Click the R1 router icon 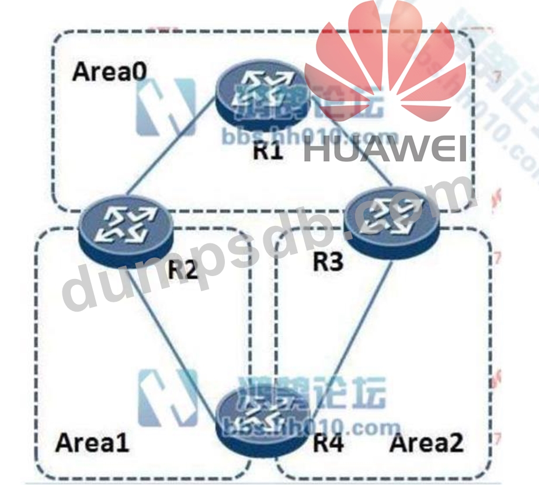tap(259, 99)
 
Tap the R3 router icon tap(391, 221)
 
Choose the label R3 tap(328, 262)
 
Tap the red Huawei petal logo tap(385, 64)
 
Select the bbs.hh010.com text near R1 tap(310, 138)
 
